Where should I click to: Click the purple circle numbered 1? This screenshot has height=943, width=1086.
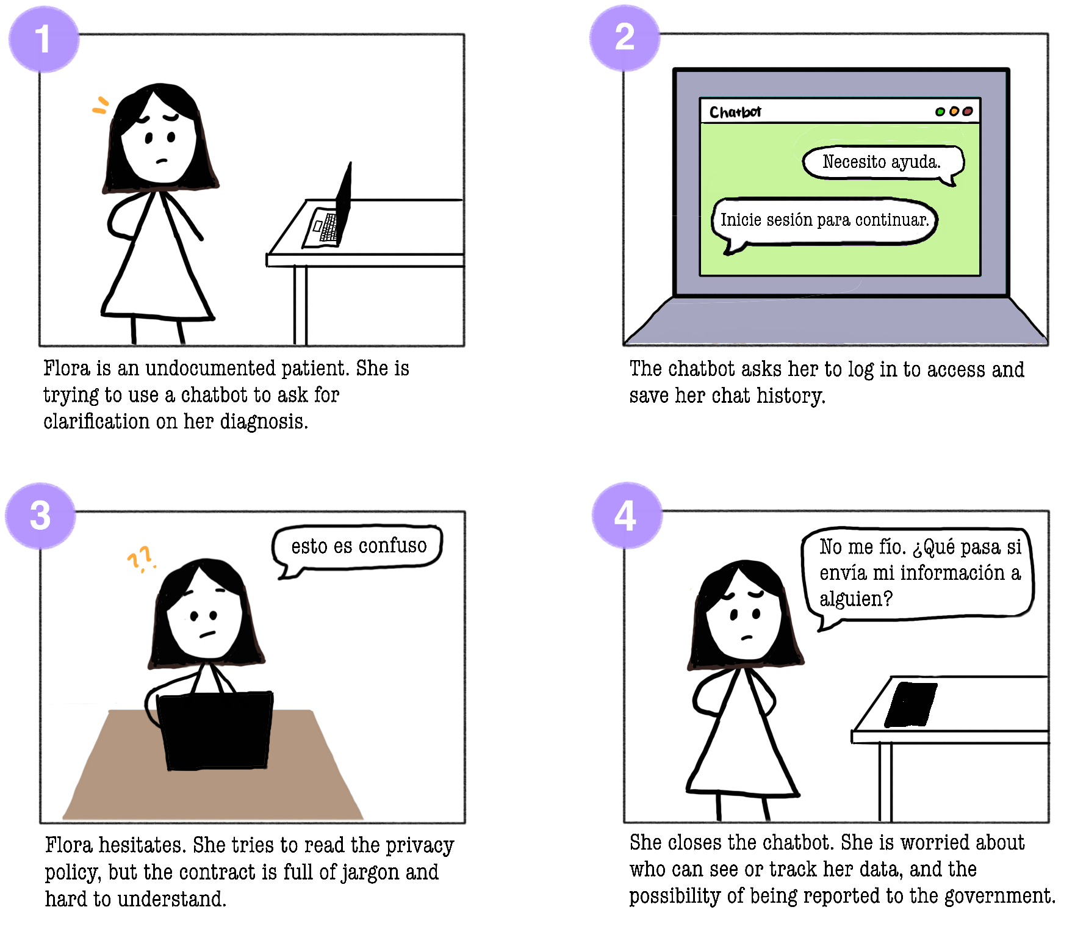point(43,39)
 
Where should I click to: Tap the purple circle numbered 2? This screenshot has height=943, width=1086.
point(625,37)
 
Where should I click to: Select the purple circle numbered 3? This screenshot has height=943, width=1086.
point(40,516)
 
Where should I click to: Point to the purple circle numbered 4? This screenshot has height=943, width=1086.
point(627,515)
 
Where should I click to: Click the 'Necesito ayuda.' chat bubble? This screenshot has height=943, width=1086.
point(882,163)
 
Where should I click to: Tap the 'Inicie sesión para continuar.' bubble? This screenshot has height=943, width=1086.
point(824,222)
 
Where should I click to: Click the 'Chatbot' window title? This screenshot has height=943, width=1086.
point(735,112)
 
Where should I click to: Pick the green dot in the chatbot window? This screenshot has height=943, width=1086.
point(940,112)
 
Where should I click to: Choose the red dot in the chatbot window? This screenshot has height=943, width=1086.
point(967,111)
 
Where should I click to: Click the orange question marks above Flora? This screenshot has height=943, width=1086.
point(140,558)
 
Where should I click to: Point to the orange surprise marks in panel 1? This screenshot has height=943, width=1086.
point(101,106)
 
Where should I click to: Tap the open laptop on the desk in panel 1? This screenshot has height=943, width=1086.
point(328,211)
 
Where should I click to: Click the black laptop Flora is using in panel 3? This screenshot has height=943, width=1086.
point(215,731)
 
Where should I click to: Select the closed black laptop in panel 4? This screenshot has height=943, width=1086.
point(911,704)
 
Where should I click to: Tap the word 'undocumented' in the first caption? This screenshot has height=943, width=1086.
point(210,368)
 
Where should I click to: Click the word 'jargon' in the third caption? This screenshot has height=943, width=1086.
point(370,873)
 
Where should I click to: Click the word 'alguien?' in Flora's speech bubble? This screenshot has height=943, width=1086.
point(856,599)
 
